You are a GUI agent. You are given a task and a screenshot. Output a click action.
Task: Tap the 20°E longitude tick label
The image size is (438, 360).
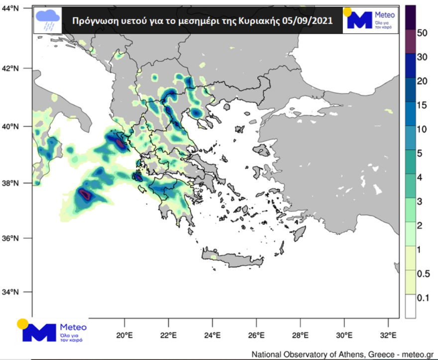pos(124,335)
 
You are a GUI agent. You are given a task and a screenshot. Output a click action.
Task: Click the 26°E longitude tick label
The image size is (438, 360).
pos(256,335)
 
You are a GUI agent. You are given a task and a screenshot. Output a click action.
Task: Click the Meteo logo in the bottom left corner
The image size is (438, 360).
pos(52,330)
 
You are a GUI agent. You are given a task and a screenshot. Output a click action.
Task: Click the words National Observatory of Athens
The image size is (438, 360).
pos(309,354)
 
